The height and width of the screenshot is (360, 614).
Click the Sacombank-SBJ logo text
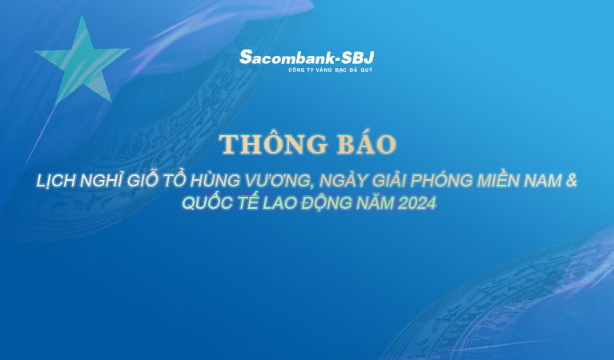(x=307, y=57)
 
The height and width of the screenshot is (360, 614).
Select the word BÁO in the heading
(x=365, y=145)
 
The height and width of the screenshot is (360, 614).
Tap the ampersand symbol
(x=571, y=182)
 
